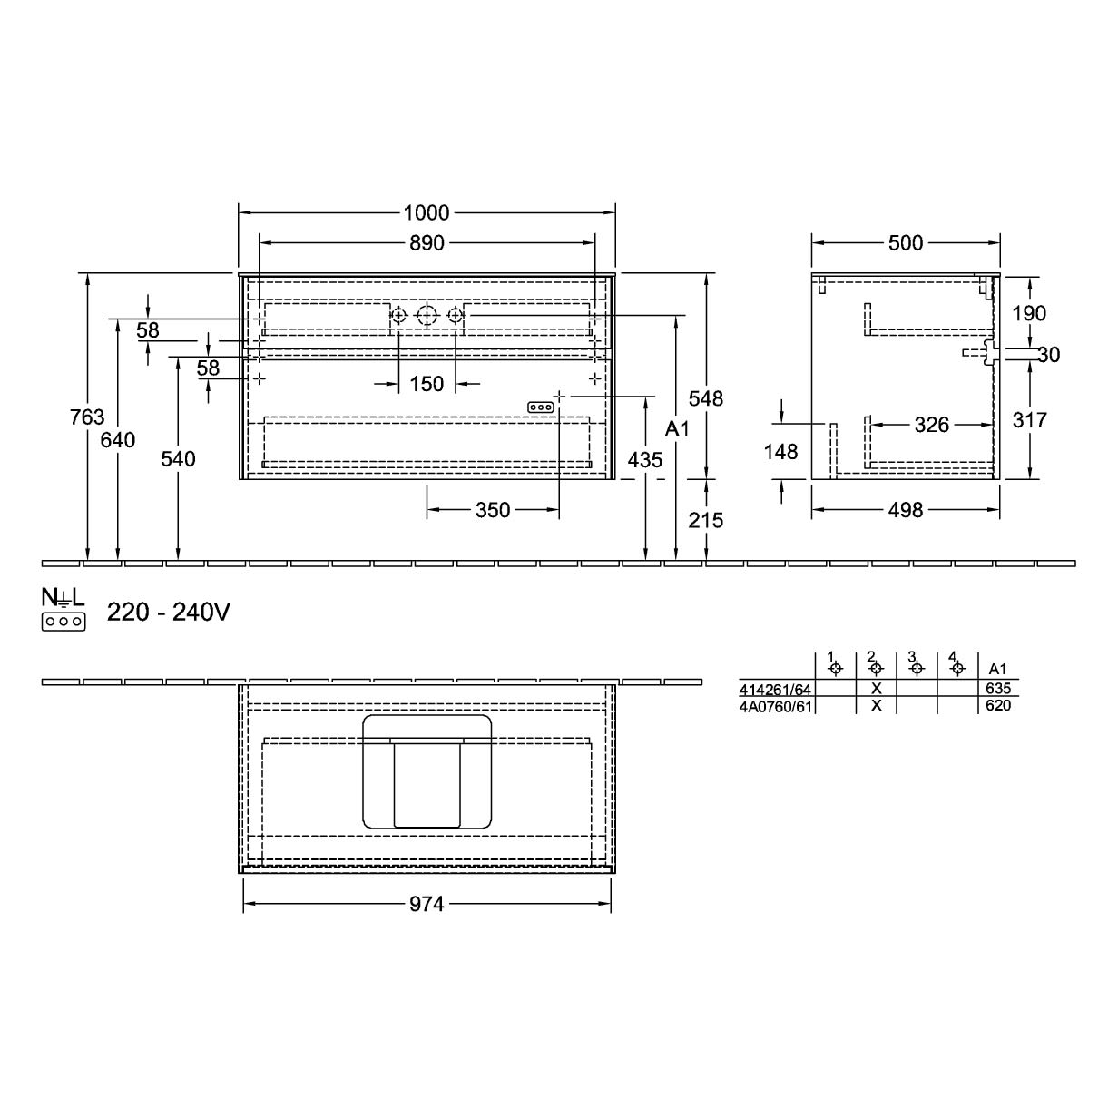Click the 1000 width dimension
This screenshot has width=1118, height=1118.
426,213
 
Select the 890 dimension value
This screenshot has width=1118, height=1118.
427,243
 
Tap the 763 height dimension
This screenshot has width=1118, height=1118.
87,417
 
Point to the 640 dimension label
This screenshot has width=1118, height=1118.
118,440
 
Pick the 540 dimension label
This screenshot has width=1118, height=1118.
178,459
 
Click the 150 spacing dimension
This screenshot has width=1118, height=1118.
427,384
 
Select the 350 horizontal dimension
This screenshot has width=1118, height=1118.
493,510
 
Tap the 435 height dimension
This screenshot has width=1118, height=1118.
645,460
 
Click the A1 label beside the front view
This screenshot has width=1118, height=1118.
677,429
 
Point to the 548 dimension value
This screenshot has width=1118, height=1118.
706,398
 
